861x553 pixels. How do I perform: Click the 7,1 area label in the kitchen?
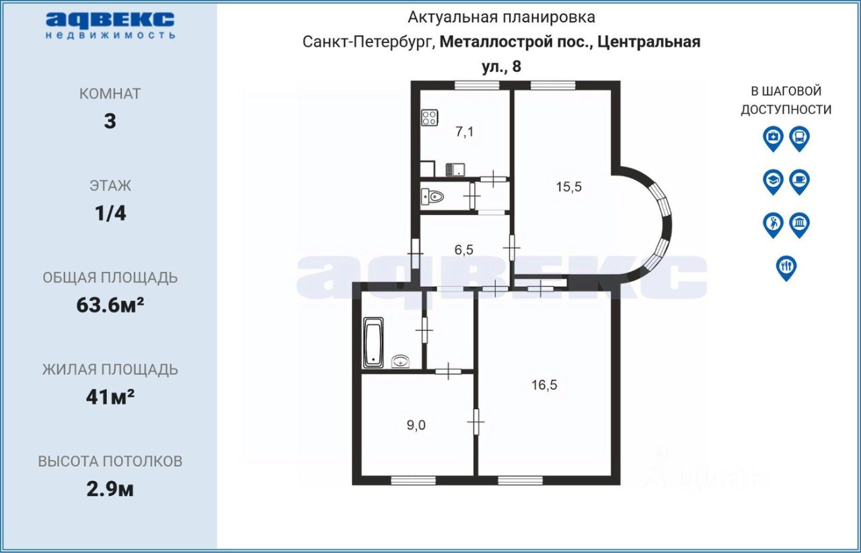pyautogui.click(x=464, y=132)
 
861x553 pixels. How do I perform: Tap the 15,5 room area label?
pyautogui.click(x=569, y=187)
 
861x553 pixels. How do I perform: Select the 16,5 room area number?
pyautogui.click(x=544, y=384)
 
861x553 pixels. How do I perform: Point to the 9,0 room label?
pyautogui.click(x=416, y=425)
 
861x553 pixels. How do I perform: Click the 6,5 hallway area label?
pyautogui.click(x=464, y=250)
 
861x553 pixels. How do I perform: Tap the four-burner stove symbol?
pyautogui.click(x=430, y=118)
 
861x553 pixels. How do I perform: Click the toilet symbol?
pyautogui.click(x=433, y=198)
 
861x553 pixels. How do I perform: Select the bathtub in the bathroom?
pyautogui.click(x=373, y=343)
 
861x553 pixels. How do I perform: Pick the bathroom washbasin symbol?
pyautogui.click(x=400, y=361)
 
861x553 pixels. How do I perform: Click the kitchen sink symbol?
pyautogui.click(x=455, y=169)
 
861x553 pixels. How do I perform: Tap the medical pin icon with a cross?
pyautogui.click(x=773, y=139)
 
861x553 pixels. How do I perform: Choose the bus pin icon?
pyautogui.click(x=800, y=139)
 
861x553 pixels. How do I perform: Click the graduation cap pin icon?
pyautogui.click(x=773, y=182)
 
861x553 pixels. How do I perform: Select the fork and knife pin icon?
pyautogui.click(x=786, y=268)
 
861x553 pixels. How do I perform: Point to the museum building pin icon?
pyautogui.click(x=800, y=225)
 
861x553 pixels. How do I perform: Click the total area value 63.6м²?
pyautogui.click(x=110, y=305)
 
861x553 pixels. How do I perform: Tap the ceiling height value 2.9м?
pyautogui.click(x=110, y=490)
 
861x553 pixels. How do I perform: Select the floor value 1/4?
pyautogui.click(x=110, y=214)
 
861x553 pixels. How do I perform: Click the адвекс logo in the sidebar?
pyautogui.click(x=110, y=26)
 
